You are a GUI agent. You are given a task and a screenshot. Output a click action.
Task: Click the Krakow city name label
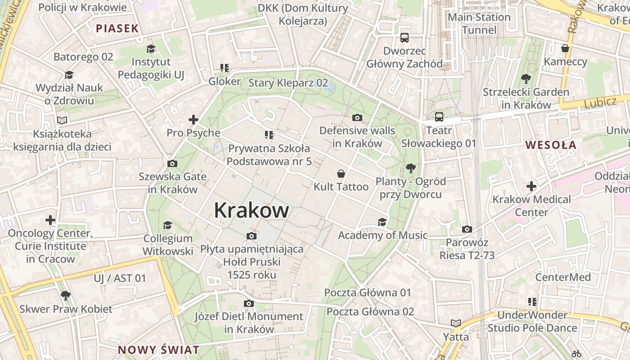[251, 210]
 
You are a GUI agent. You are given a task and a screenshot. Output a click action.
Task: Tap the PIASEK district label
[117, 28]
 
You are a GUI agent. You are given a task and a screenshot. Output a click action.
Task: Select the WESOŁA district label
[551, 145]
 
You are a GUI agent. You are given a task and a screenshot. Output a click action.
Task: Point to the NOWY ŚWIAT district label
[158, 350]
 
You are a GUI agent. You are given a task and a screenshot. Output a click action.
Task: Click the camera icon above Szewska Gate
[172, 163]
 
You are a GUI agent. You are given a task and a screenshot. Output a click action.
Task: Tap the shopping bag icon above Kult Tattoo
[341, 174]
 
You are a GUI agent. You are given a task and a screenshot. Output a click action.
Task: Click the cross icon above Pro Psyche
[193, 120]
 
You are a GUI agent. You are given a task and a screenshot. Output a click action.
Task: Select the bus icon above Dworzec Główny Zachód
[405, 38]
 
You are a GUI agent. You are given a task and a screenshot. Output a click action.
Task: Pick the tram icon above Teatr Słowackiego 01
[439, 117]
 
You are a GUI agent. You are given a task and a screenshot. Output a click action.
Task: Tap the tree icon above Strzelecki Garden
[526, 79]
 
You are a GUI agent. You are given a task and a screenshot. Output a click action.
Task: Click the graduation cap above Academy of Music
[382, 222]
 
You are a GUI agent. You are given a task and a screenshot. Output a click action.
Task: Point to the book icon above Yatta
[456, 323]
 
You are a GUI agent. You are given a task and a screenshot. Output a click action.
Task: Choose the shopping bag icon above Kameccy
[565, 48]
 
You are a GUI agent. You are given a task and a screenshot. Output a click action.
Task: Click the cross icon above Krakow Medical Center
[531, 186]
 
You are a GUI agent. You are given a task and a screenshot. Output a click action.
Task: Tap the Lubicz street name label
[600, 103]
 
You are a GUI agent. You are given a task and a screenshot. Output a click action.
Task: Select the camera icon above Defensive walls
[357, 118]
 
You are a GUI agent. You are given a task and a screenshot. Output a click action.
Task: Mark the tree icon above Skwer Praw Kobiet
[66, 296]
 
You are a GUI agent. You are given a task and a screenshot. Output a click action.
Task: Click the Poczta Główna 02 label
[370, 311]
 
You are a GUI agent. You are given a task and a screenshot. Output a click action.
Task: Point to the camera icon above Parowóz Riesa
[467, 229]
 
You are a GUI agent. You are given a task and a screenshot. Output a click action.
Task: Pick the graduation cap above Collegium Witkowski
[168, 225]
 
